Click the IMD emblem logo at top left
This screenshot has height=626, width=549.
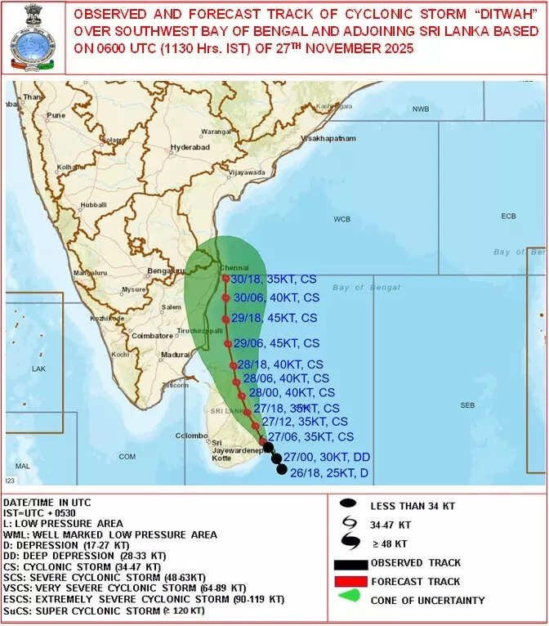[x=30, y=38]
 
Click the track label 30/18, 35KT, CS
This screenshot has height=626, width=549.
[x=274, y=279]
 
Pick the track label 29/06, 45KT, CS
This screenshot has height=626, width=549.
[x=276, y=343]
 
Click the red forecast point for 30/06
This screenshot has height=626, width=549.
[x=225, y=297]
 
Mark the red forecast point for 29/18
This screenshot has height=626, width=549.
[x=225, y=319]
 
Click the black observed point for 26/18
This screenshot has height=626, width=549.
[x=282, y=469]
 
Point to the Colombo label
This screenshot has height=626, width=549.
[x=189, y=436]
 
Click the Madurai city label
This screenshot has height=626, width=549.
[x=176, y=355]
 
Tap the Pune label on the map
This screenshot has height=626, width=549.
[x=56, y=115]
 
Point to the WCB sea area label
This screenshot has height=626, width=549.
[x=341, y=220]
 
